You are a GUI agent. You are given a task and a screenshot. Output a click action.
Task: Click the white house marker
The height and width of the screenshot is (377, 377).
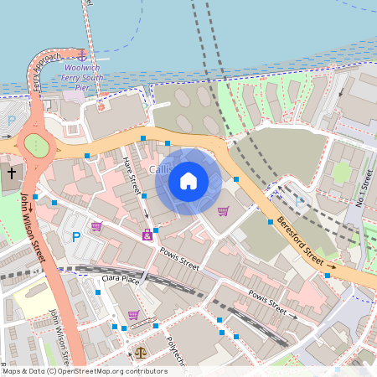click(188, 180)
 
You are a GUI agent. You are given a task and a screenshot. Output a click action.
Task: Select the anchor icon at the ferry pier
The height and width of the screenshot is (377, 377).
click(82, 54)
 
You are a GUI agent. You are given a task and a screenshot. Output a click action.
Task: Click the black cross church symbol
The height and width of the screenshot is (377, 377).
click(12, 173)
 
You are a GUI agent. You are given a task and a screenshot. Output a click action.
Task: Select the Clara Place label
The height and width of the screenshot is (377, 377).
click(121, 277)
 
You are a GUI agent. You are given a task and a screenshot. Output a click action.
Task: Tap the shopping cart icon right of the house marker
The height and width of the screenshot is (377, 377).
click(223, 210)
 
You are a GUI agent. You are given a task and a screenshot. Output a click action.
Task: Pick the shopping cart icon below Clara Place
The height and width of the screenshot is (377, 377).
click(133, 316)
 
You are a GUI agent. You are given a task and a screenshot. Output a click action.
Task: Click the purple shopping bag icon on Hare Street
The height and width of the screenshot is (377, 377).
click(147, 236)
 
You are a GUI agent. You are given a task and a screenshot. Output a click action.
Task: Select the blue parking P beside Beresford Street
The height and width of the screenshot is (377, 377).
click(300, 201)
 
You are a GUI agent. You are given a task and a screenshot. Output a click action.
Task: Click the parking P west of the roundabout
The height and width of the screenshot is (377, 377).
click(11, 121)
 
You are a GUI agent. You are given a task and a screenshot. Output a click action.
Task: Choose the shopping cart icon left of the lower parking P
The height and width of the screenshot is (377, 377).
click(96, 225)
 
